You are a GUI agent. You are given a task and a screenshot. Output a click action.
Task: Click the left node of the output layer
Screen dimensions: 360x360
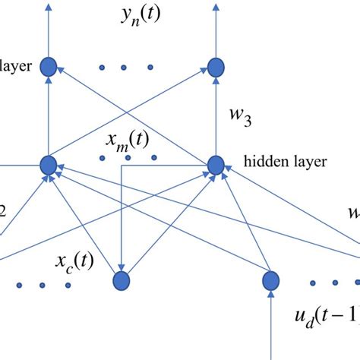(50, 66)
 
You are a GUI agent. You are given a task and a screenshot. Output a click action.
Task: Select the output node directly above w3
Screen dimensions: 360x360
(216, 66)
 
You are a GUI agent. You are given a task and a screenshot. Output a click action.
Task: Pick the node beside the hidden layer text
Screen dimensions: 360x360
(216, 163)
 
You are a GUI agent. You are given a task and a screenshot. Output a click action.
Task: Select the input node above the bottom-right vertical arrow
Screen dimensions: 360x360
(270, 282)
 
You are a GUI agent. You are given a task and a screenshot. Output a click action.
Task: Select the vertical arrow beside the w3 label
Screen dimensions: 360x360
(216, 114)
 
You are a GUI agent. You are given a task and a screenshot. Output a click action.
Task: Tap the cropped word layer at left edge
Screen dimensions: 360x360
(15, 67)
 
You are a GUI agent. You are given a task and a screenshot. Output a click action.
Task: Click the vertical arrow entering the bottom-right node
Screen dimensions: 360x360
(270, 327)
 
